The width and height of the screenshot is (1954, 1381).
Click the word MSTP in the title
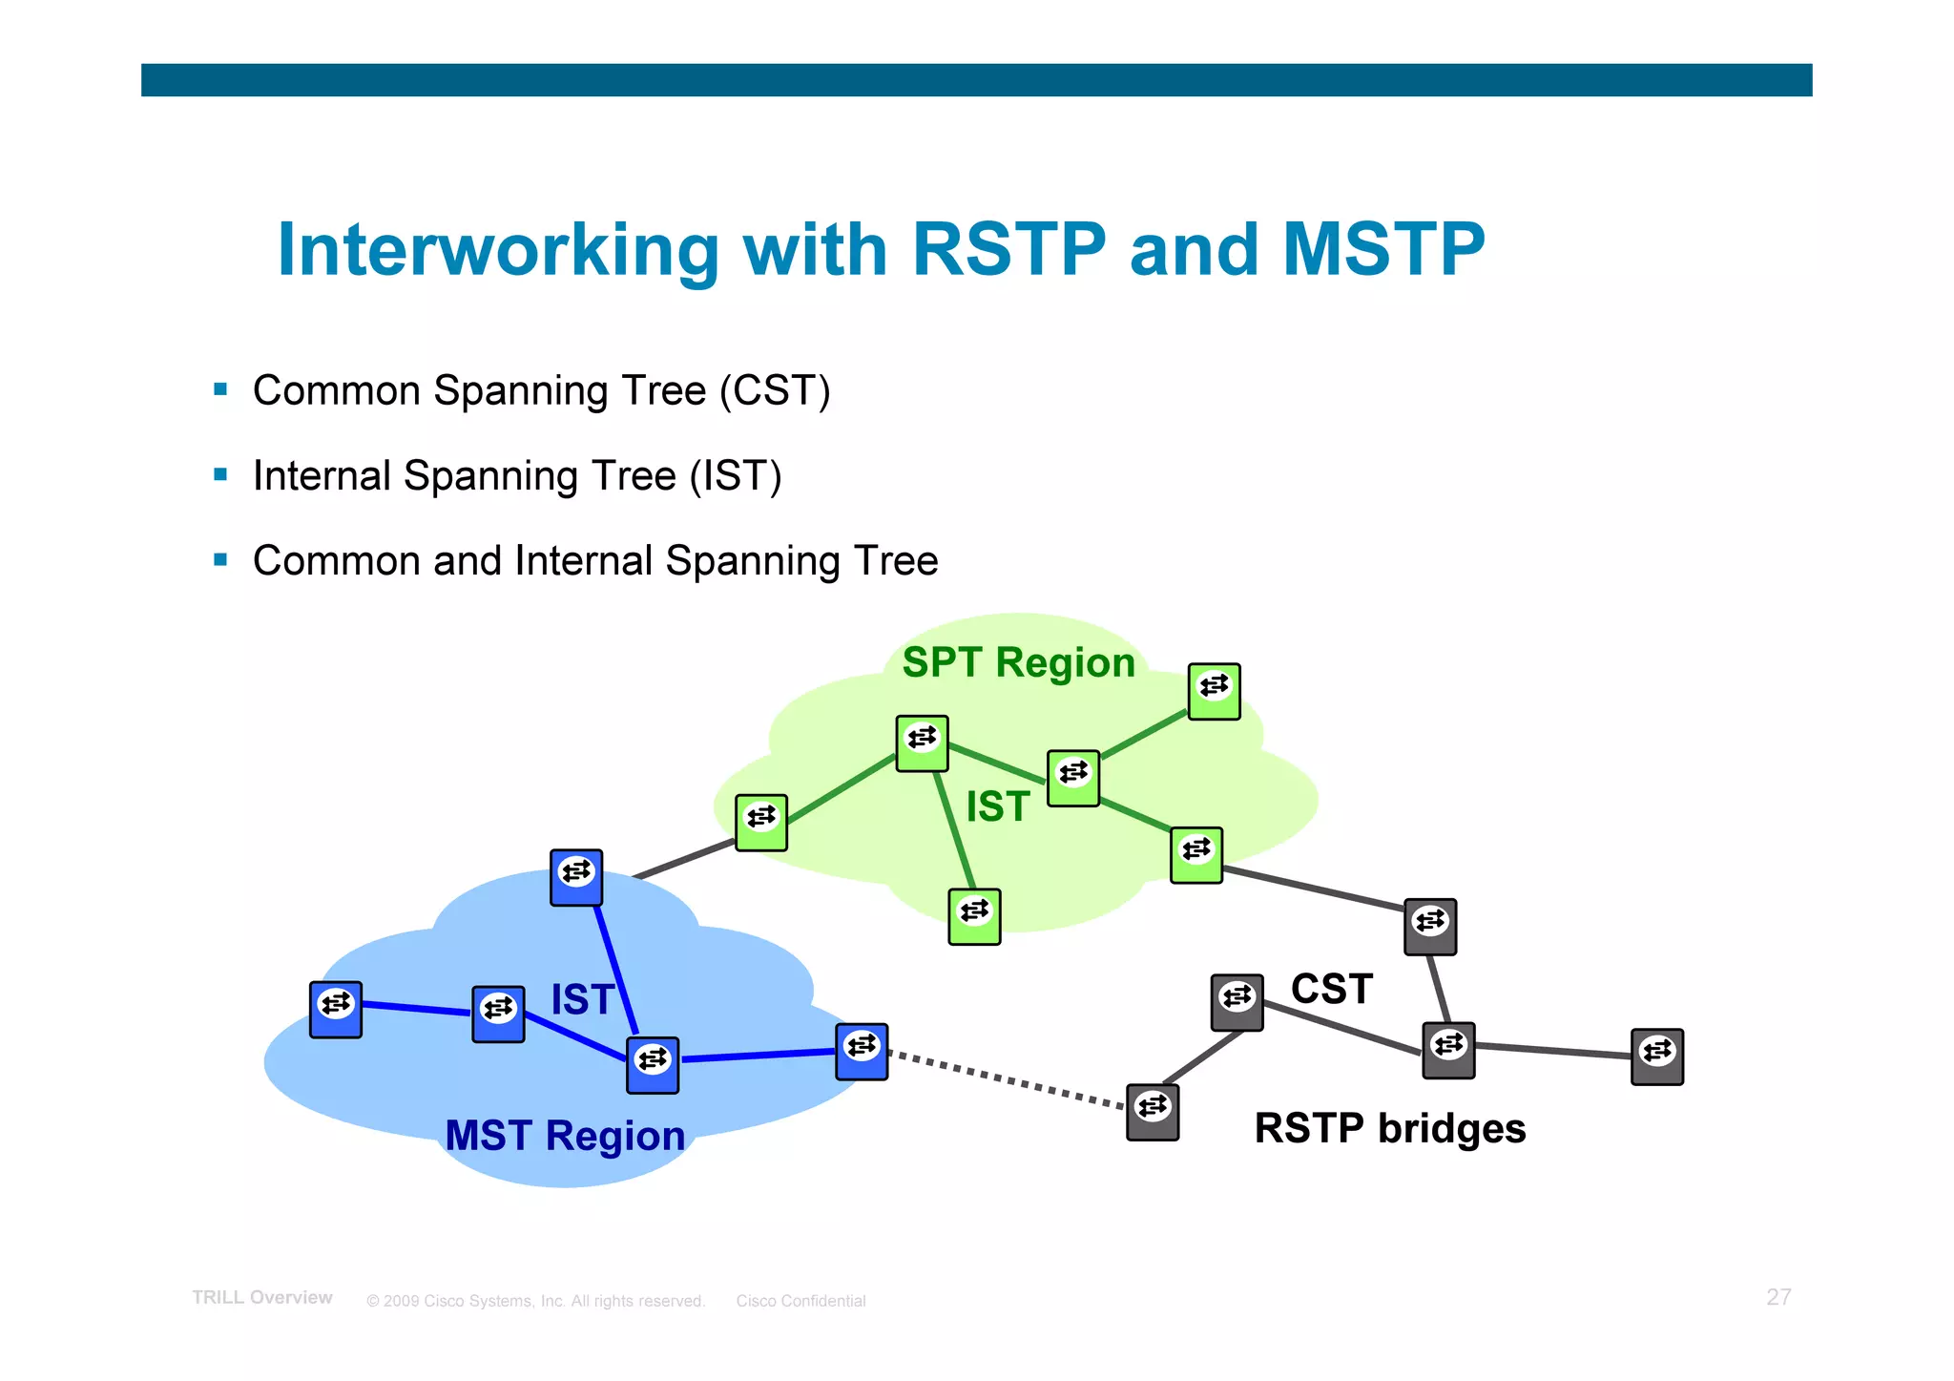click(1383, 250)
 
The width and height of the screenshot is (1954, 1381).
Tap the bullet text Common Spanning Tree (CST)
click(541, 390)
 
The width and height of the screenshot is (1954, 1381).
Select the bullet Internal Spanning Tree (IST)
click(516, 475)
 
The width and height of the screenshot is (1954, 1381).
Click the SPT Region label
click(1018, 662)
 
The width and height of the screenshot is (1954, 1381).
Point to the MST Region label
click(565, 1136)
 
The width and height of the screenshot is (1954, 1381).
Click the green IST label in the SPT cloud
click(997, 806)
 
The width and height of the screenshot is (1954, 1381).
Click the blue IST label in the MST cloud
click(581, 999)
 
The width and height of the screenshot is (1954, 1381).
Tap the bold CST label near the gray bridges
click(1331, 989)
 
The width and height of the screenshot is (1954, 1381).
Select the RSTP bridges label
click(1389, 1128)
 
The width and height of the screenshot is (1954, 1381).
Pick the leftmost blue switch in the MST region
click(336, 1009)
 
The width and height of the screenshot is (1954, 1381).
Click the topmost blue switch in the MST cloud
click(576, 877)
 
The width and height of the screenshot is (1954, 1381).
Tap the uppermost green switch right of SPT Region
click(1214, 691)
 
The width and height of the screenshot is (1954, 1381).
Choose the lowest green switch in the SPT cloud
click(974, 916)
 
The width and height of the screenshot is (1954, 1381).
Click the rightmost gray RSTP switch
click(1656, 1057)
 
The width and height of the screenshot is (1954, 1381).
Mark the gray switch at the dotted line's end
click(1153, 1112)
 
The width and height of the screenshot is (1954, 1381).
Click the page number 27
click(1778, 1297)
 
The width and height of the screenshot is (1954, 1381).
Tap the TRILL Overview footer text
click(262, 1298)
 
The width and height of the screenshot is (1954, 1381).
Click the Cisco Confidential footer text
click(800, 1301)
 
